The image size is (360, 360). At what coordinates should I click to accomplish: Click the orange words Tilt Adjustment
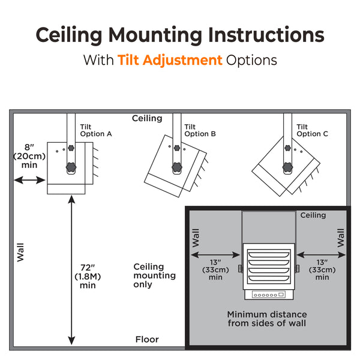(170, 61)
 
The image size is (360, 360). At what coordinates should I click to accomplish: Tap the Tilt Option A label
(96, 130)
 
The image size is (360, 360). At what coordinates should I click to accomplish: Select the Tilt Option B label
(200, 130)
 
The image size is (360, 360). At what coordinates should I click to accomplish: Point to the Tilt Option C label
(312, 130)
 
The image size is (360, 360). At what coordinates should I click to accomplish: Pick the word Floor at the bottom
(147, 340)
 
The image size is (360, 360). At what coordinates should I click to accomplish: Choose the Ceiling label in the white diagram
(147, 118)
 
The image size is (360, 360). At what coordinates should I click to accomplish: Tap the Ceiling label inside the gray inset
(313, 215)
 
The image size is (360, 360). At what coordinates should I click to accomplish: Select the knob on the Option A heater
(71, 167)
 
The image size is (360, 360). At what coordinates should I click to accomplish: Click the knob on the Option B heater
(177, 166)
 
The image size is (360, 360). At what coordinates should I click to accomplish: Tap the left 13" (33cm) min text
(216, 269)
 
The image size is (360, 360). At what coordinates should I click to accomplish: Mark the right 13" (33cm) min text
(322, 269)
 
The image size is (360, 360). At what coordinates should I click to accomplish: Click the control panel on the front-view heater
(268, 295)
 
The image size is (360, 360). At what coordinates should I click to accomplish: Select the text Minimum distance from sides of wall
(266, 319)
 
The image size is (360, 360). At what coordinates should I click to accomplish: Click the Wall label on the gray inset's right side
(341, 238)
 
